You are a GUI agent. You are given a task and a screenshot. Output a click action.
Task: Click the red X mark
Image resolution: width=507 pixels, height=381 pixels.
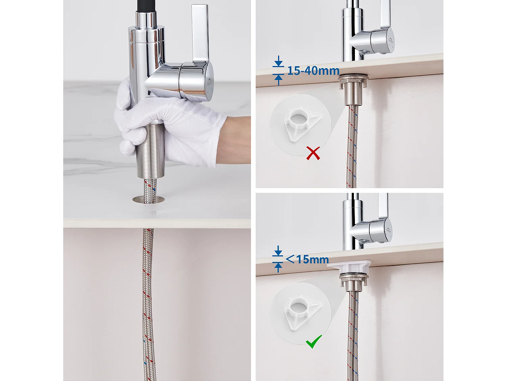point(313,153)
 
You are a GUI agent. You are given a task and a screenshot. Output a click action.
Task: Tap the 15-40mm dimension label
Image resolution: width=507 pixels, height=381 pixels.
point(313,71)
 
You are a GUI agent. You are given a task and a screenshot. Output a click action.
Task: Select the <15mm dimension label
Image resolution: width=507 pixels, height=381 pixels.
point(307,259)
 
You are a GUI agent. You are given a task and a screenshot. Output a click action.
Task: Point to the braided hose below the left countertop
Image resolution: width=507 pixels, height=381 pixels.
point(148,298)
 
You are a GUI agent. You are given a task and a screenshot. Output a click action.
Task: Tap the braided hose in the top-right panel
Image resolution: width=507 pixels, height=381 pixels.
point(352,146)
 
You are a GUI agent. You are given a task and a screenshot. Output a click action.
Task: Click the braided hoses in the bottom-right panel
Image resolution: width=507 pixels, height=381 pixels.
point(353,332)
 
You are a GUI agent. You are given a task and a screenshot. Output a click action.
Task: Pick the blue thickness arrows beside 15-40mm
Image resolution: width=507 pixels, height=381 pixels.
point(278,70)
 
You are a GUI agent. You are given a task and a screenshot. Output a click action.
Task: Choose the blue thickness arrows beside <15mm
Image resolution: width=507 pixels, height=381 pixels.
point(278,259)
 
